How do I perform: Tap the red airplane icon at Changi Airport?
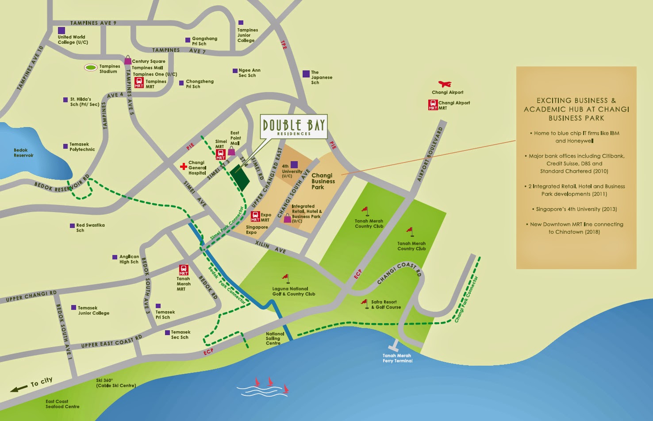pos(444,84)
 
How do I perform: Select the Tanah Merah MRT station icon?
pos(183,270)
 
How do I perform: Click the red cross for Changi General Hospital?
pos(183,167)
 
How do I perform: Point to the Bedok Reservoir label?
pos(23,153)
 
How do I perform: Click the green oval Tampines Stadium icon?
pos(91,68)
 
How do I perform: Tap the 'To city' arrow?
pos(19,389)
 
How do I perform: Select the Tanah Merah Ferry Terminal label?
pos(397,358)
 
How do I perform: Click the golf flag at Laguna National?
pos(286,278)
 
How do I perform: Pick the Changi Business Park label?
pos(323,181)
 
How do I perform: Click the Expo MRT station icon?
pos(255,216)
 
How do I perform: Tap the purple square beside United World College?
pos(61,30)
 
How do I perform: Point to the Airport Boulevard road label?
pos(430,154)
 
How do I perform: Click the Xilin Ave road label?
pos(270,247)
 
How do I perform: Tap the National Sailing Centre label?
pos(275,339)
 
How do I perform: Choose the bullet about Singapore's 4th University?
pos(576,209)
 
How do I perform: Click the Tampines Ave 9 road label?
pos(93,23)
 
